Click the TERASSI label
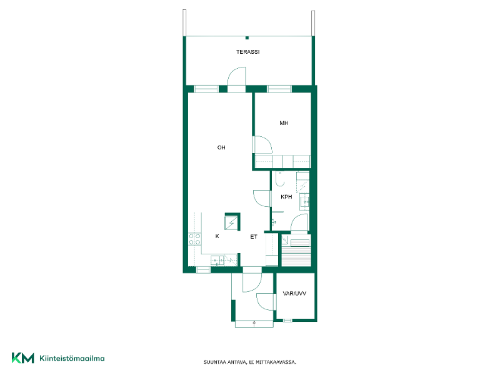247,52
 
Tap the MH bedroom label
284,123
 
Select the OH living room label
221,147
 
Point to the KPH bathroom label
286,197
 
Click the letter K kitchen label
217,236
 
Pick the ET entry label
254,237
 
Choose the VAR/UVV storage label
294,293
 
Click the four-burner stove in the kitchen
195,239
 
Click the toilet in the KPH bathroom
279,179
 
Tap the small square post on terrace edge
247,37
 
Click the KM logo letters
23,357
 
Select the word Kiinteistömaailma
72,358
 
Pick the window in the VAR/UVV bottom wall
287,320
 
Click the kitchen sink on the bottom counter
217,261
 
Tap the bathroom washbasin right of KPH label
305,202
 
